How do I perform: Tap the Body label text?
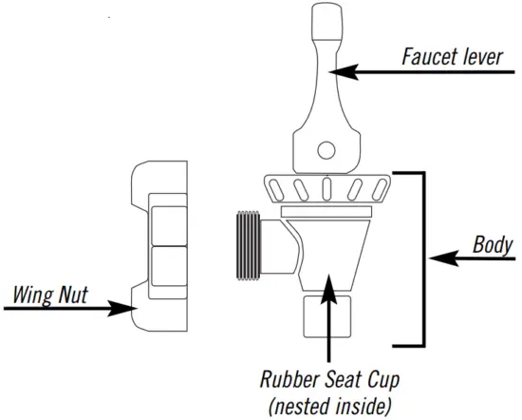493,245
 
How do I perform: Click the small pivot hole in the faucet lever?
326,149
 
